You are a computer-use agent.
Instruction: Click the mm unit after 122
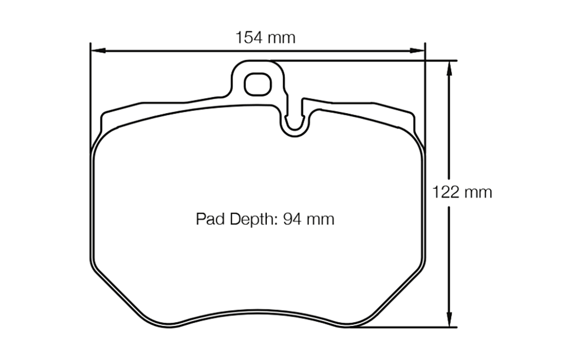[x=478, y=193]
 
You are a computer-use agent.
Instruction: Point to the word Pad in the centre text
[x=208, y=220]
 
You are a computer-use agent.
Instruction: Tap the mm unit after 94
[x=321, y=220]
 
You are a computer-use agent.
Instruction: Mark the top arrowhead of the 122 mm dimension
[x=449, y=65]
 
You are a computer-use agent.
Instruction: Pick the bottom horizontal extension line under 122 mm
[x=406, y=328]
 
